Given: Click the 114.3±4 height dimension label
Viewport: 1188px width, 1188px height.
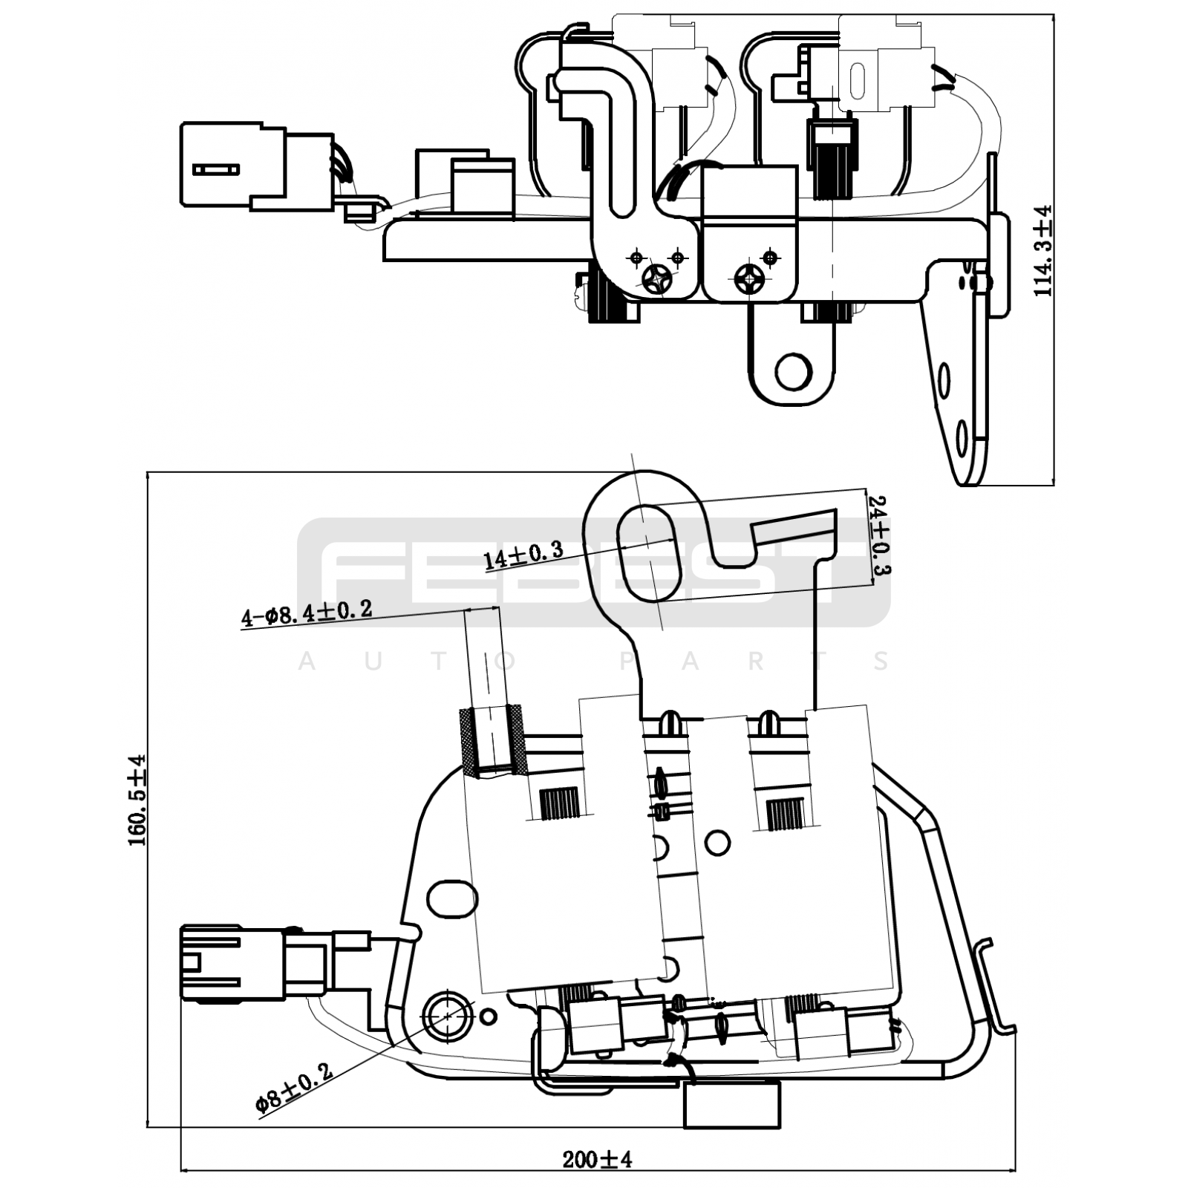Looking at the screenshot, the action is click(1044, 251).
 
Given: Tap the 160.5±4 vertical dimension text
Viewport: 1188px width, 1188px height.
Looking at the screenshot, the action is click(137, 800).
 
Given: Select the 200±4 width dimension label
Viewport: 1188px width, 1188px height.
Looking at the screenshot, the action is click(597, 1159).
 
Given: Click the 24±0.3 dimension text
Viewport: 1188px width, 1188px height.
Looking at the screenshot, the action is click(881, 537).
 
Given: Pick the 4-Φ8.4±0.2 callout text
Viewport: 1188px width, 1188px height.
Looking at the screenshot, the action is click(306, 614).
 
